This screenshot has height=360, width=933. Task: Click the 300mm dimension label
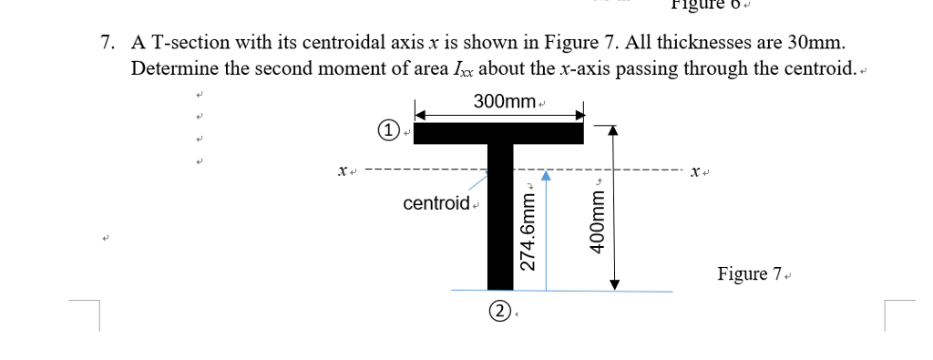pyautogui.click(x=504, y=101)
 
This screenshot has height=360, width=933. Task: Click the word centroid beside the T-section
pyautogui.click(x=436, y=202)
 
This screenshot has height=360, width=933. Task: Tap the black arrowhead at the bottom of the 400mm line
pyautogui.click(x=614, y=283)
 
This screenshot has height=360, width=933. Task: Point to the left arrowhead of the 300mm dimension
pyautogui.click(x=422, y=116)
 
